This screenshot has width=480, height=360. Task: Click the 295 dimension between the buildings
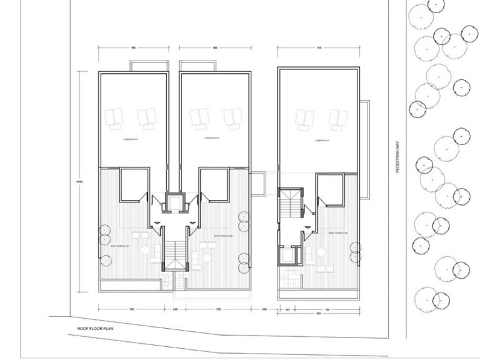[x=264, y=308]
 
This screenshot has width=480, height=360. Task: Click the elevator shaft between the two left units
[x=173, y=204]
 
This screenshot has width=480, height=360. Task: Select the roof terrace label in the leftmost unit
[x=120, y=247]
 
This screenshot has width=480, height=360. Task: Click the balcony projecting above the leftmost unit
[x=149, y=66]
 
